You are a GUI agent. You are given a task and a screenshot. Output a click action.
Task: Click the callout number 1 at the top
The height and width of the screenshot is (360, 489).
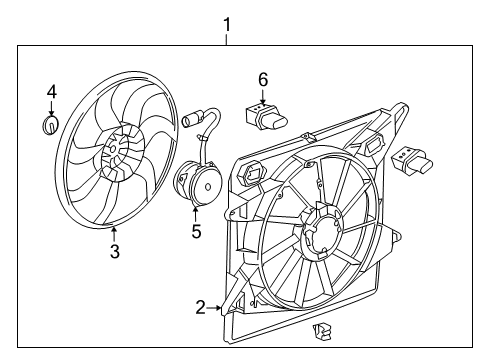point(227,21)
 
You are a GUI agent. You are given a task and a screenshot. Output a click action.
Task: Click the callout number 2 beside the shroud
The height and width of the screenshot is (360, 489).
point(199,308)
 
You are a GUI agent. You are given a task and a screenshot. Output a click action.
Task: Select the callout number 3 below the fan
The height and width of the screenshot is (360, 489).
point(114,252)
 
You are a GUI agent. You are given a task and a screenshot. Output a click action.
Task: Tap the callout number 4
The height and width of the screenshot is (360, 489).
point(51,92)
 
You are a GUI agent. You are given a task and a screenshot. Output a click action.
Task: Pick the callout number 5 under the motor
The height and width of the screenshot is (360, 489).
point(196,231)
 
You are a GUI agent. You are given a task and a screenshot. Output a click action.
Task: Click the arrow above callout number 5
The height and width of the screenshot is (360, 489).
point(196,213)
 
